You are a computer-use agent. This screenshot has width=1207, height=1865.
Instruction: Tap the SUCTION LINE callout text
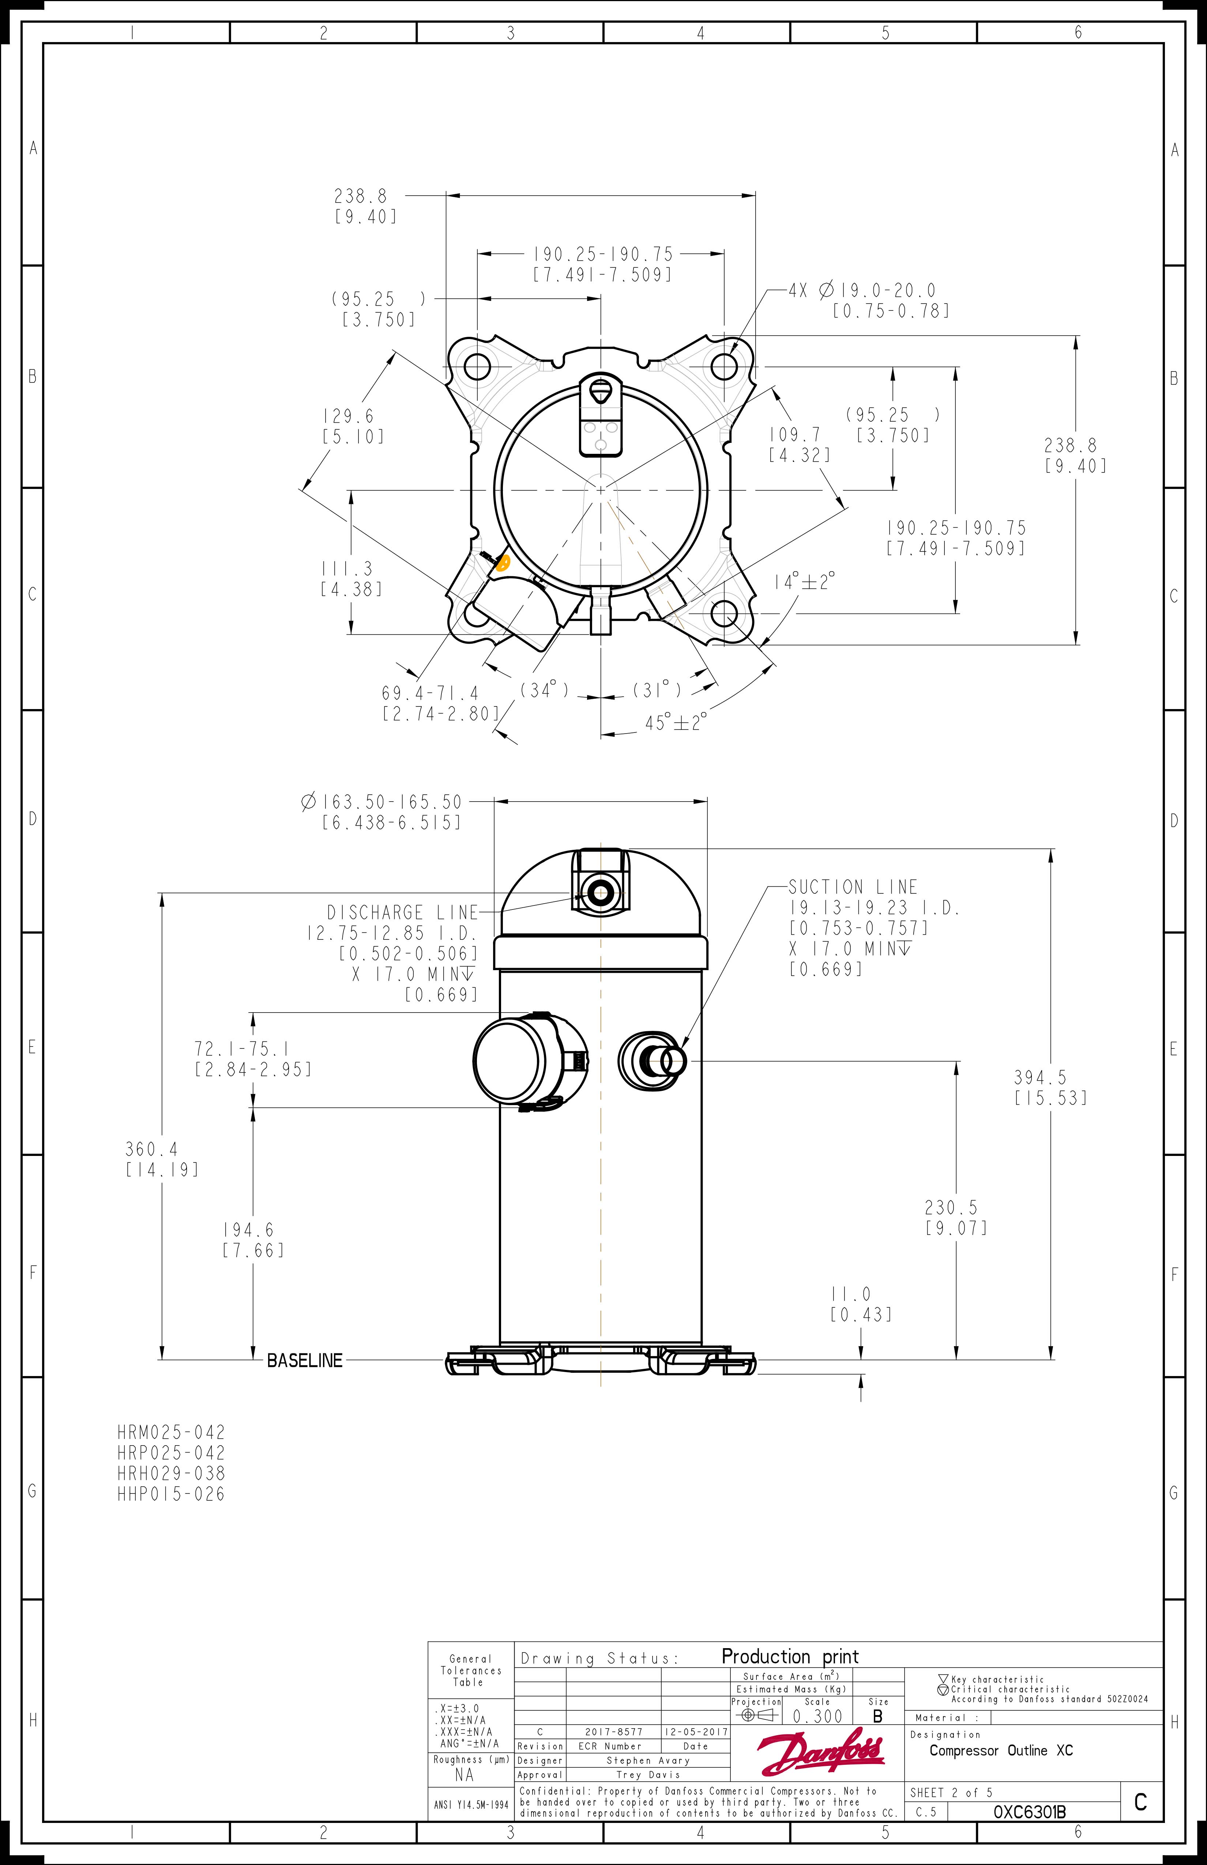click(x=853, y=887)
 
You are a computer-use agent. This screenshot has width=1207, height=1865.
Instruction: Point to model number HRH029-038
click(x=171, y=1473)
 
